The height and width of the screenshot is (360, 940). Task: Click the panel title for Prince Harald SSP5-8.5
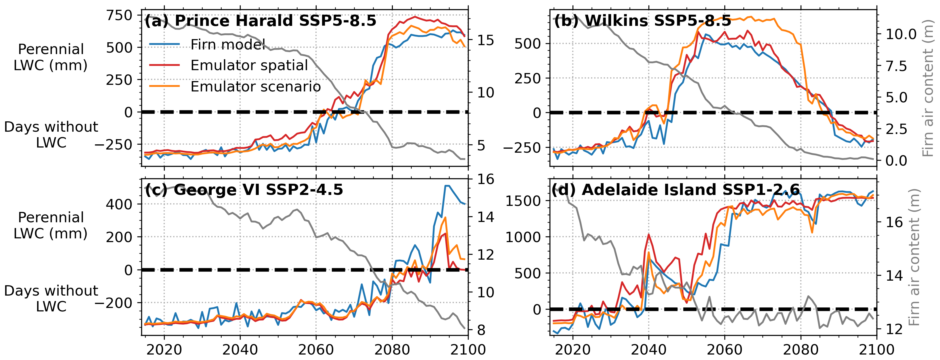(x=260, y=21)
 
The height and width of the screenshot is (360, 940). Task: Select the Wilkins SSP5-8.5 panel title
(x=642, y=21)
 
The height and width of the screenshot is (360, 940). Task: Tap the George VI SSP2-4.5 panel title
(x=244, y=190)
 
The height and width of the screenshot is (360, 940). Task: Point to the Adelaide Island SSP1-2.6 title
(x=675, y=190)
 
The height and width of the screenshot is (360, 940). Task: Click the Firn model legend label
(x=228, y=45)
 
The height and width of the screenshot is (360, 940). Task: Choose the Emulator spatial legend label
(x=249, y=65)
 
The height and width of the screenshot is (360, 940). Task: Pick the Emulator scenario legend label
(x=255, y=87)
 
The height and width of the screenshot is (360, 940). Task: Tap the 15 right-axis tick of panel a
(x=486, y=40)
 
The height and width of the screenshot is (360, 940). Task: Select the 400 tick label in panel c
(x=119, y=204)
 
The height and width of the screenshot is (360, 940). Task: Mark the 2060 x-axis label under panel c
(x=316, y=349)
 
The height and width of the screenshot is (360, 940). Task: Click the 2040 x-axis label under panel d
(x=648, y=349)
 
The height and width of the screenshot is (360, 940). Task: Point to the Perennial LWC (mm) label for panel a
(x=51, y=57)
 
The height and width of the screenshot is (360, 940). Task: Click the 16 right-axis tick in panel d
(x=894, y=222)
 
